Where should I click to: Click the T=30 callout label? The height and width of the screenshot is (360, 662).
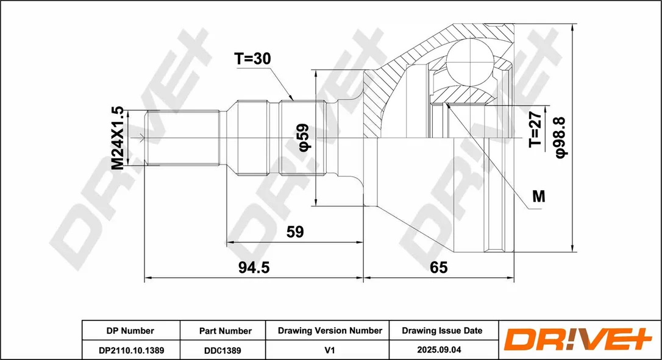(x=252, y=58)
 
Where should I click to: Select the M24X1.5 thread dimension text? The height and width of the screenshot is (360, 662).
(x=118, y=138)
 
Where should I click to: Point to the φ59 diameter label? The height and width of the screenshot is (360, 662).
(x=304, y=137)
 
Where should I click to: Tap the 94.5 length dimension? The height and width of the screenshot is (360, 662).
(x=254, y=267)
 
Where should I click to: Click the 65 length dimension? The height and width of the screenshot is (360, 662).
(x=438, y=267)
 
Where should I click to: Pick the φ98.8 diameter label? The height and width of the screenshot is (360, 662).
(x=561, y=138)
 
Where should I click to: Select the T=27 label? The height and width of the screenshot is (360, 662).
(x=535, y=129)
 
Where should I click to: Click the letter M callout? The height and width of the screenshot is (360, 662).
(x=538, y=196)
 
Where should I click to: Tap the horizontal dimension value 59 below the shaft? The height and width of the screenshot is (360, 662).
(x=294, y=231)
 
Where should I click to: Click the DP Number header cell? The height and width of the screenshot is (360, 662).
(x=130, y=331)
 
